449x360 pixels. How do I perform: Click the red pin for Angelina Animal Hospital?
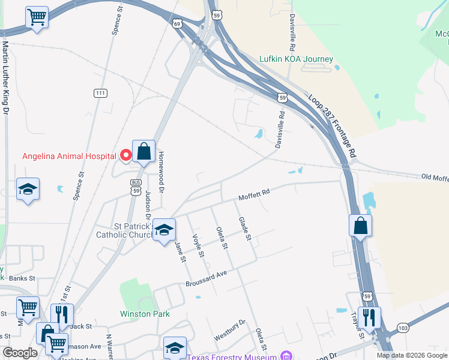pyautogui.click(x=126, y=155)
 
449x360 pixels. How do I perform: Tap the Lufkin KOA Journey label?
pyautogui.click(x=295, y=59)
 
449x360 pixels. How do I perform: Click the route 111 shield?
pyautogui.click(x=101, y=93)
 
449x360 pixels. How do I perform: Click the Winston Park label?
pyautogui.click(x=145, y=314)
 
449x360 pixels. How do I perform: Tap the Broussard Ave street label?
pyautogui.click(x=206, y=277)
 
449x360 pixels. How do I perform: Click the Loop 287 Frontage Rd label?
pyautogui.click(x=332, y=125)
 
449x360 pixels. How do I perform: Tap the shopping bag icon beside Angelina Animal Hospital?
pyautogui.click(x=144, y=152)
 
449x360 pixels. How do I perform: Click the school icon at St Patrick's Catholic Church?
pyautogui.click(x=164, y=230)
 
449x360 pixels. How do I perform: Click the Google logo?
pyautogui.click(x=20, y=353)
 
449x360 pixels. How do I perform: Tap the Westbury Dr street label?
pyautogui.click(x=230, y=330)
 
